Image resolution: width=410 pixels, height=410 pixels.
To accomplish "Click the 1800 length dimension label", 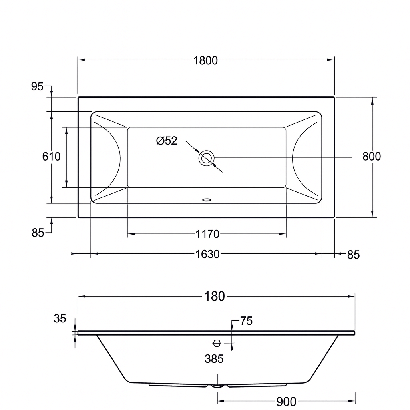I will pyautogui.click(x=205, y=60).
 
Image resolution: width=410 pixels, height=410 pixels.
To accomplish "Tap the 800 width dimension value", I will pyautogui.click(x=371, y=156).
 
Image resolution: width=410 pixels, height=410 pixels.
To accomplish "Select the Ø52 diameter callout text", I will pyautogui.click(x=167, y=141).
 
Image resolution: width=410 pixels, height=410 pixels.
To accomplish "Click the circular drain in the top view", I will pyautogui.click(x=207, y=158).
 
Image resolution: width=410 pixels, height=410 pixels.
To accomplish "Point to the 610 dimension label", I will pyautogui.click(x=52, y=156).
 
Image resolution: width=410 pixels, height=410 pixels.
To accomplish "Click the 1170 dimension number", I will pyautogui.click(x=207, y=234).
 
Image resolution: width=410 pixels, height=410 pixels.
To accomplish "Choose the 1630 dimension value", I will pyautogui.click(x=207, y=254).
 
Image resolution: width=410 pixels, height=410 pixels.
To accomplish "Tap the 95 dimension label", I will pyautogui.click(x=37, y=86).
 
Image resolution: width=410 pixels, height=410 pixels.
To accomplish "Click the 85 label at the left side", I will pyautogui.click(x=38, y=233).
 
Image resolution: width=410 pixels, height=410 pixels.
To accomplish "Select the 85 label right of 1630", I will pyautogui.click(x=353, y=255).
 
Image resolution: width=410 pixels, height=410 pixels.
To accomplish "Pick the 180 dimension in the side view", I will pyautogui.click(x=215, y=297).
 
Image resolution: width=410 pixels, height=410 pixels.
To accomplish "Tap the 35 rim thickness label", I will pyautogui.click(x=60, y=319).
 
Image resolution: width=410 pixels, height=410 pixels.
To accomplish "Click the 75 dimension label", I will pyautogui.click(x=246, y=321).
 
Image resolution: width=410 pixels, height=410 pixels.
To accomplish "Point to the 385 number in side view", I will pyautogui.click(x=214, y=359).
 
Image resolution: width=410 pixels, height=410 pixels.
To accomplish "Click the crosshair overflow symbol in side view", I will pyautogui.click(x=217, y=343).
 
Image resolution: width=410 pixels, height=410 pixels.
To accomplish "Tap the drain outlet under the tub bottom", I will pyautogui.click(x=217, y=386).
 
